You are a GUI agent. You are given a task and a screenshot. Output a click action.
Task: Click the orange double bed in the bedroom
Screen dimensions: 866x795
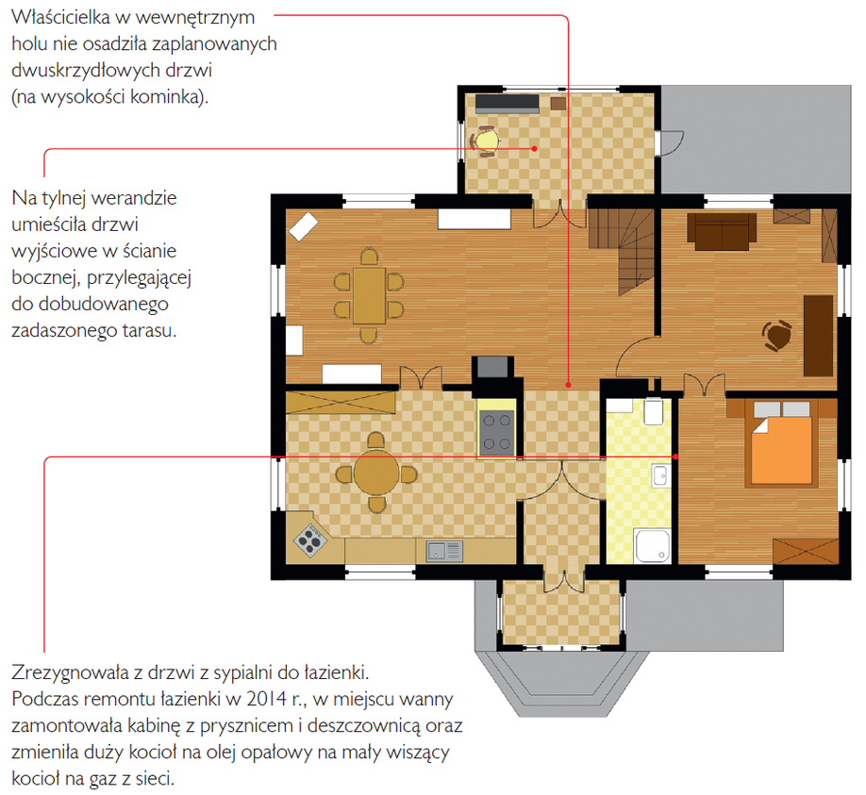point(781,444)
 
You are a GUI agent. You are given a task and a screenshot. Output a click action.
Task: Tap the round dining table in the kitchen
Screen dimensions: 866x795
point(376,473)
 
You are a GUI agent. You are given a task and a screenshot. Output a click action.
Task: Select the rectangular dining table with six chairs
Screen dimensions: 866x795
point(369,296)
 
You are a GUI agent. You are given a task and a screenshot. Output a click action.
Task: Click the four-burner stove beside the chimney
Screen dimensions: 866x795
point(496,432)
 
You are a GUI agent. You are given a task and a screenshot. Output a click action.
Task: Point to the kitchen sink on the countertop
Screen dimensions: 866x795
point(444,551)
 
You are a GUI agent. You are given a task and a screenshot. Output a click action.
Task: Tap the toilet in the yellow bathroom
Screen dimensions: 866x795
point(654,411)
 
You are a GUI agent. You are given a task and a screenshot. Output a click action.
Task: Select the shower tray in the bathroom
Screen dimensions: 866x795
point(652,546)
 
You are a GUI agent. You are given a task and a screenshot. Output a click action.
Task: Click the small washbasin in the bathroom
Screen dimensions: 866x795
point(660,475)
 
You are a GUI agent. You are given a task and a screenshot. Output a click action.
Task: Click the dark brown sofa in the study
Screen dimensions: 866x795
point(722,232)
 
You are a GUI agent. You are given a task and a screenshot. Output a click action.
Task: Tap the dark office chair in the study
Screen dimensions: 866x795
point(777,335)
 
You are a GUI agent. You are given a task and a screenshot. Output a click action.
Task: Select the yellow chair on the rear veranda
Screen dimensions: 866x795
point(486,141)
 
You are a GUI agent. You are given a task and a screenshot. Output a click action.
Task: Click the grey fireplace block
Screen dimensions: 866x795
point(492,367)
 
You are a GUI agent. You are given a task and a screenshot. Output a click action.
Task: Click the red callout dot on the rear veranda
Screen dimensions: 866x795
point(535,148)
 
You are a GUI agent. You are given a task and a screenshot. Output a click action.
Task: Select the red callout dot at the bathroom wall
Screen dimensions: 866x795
point(675,457)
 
